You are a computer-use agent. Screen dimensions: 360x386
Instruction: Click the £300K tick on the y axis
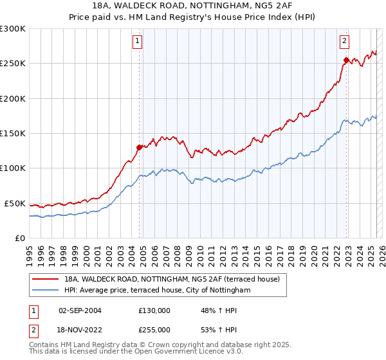(13, 29)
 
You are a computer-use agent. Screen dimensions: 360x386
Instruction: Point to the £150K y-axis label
(13, 134)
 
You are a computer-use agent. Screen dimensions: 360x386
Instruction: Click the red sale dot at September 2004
(139, 147)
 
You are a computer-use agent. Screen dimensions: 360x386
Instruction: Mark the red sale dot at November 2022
(346, 60)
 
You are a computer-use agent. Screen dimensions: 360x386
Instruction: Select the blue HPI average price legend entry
(157, 291)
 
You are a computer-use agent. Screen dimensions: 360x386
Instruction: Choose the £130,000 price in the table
(154, 310)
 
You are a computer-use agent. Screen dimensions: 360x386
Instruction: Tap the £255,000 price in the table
(154, 330)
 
